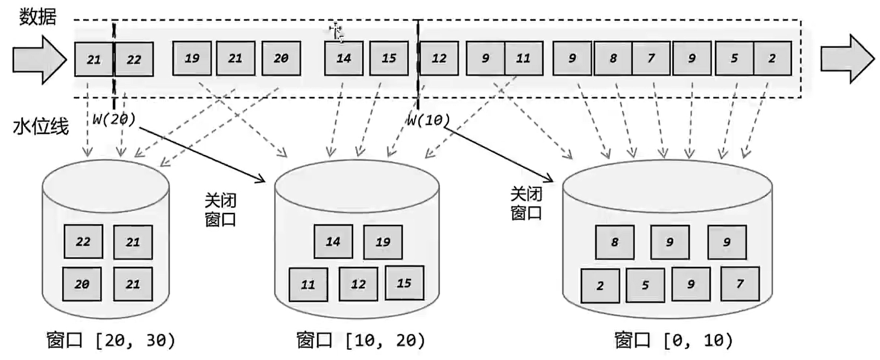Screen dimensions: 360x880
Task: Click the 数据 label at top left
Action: point(37,17)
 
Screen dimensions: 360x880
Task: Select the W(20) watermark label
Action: point(114,117)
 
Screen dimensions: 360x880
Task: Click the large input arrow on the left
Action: point(40,58)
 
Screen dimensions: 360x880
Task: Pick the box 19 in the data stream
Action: point(192,58)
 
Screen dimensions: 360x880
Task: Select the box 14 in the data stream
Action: point(344,58)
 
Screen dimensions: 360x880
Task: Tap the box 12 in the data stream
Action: point(439,58)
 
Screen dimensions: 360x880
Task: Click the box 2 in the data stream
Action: point(772,58)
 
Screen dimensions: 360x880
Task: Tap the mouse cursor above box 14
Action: point(336,33)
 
